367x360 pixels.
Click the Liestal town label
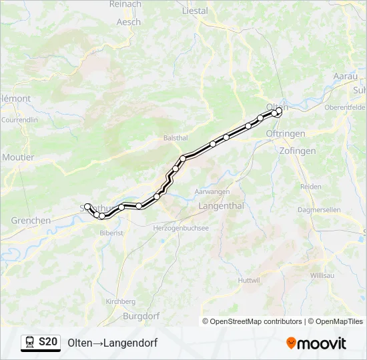[195, 11]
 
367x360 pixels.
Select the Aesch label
[129, 21]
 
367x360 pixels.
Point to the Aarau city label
[345, 76]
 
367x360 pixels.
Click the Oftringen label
[285, 133]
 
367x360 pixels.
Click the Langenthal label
[221, 206]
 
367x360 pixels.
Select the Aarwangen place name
[212, 191]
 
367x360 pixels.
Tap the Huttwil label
[248, 280]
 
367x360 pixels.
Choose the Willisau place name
[323, 275]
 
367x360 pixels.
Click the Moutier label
[18, 157]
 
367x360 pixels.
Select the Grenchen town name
[31, 220]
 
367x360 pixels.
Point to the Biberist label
[111, 233]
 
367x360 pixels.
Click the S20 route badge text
[48, 342]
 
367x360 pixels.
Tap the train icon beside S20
[30, 342]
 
